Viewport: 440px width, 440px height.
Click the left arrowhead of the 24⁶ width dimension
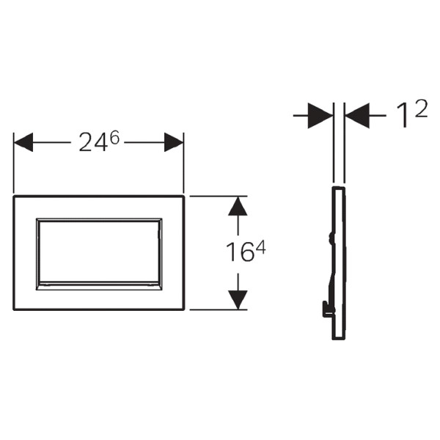point(23,142)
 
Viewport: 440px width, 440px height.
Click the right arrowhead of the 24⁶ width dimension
point(174,142)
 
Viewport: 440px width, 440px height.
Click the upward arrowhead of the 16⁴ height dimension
point(238,206)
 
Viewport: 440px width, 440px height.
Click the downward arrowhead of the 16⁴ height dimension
point(238,300)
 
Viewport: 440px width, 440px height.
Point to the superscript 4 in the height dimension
point(260,248)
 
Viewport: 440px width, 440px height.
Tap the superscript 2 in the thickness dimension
point(421,109)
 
